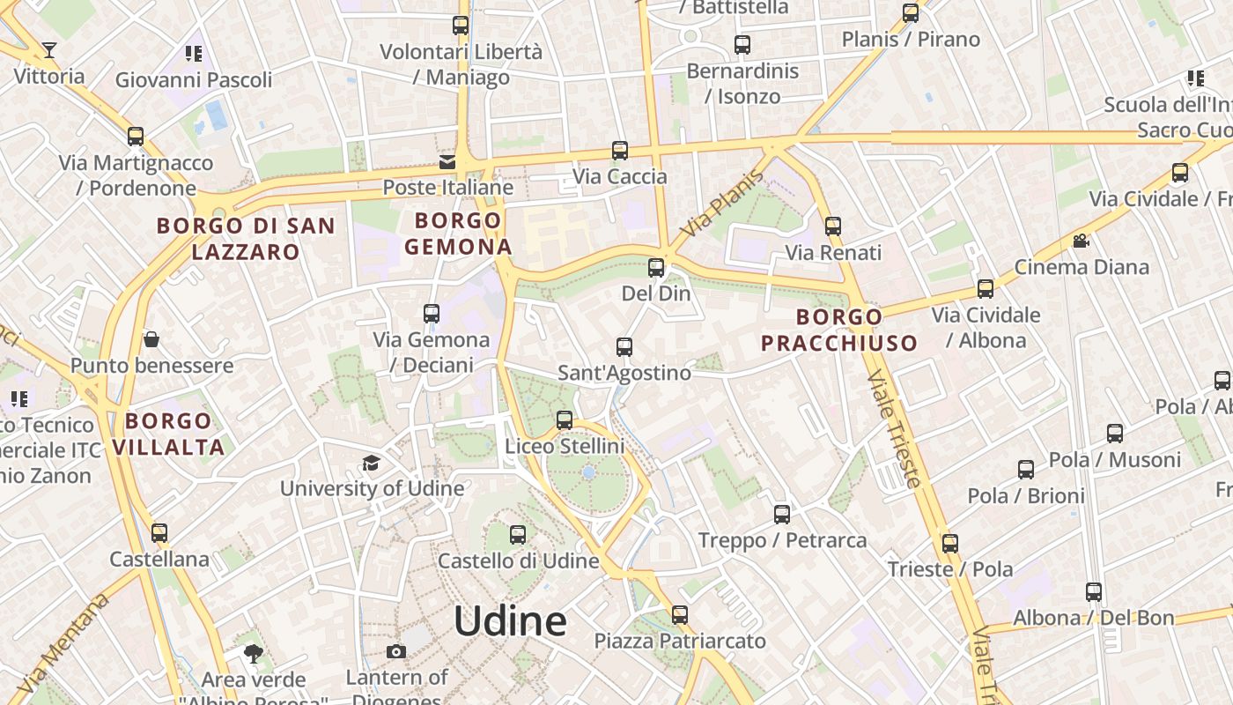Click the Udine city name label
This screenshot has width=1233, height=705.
tap(510, 621)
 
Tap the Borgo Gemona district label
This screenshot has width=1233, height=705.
tap(458, 234)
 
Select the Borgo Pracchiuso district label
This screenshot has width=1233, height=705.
tap(838, 330)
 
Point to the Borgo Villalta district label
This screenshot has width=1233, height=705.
tap(168, 434)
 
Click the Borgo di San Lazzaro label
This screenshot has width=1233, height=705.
tap(246, 239)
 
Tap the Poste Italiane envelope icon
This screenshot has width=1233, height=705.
tap(447, 161)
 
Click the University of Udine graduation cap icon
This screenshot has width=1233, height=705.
tap(371, 464)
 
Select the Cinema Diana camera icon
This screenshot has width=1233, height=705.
tap(1081, 241)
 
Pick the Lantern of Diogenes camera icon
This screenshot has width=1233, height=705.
tap(396, 652)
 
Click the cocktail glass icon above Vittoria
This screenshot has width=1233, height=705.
tap(49, 49)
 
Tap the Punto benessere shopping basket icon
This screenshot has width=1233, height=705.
tap(151, 339)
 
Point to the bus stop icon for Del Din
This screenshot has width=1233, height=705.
tap(656, 267)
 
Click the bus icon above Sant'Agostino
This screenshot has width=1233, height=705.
tap(624, 347)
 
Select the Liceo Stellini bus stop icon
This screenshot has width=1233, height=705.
tap(565, 420)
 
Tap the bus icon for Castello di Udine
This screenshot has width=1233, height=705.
tap(518, 534)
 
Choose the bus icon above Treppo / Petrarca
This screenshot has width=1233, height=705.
tap(782, 515)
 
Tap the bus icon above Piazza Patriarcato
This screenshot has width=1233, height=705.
tap(680, 615)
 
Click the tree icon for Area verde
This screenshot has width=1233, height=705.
tap(254, 654)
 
